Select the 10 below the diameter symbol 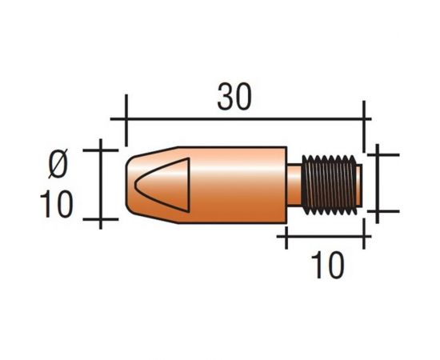tap(57, 204)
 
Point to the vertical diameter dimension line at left tap(101, 183)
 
